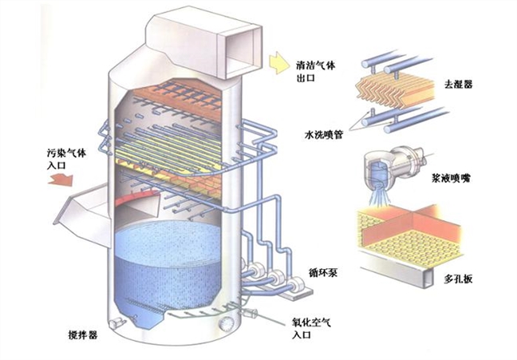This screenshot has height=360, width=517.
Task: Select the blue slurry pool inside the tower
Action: coord(168,255)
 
